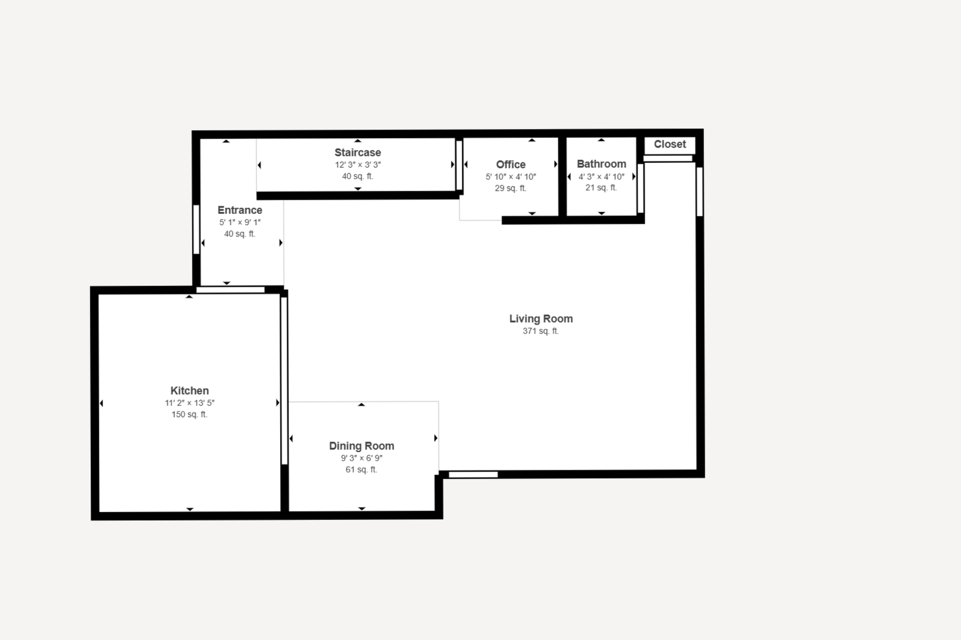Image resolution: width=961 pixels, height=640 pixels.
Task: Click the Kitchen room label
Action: [190, 391]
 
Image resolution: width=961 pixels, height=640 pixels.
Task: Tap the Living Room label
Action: [541, 318]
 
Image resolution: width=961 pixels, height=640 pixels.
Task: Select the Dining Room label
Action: [361, 446]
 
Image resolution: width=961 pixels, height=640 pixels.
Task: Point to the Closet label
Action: [670, 144]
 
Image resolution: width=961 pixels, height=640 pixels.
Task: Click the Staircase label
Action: [358, 152]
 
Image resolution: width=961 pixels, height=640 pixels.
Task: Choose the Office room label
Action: [511, 164]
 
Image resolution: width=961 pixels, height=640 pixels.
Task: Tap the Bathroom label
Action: [601, 164]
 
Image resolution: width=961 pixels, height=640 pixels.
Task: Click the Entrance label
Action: [240, 210]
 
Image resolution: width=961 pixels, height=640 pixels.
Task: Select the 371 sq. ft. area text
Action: [540, 331]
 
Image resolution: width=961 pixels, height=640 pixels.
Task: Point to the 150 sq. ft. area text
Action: [190, 415]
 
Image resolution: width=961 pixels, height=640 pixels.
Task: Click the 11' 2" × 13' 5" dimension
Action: [190, 403]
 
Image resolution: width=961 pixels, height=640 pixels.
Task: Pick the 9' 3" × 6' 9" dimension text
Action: [361, 458]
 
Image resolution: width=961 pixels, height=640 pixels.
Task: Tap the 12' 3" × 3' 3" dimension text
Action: [358, 165]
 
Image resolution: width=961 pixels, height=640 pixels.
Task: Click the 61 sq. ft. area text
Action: [361, 469]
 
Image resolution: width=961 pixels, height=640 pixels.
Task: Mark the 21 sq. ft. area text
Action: [601, 188]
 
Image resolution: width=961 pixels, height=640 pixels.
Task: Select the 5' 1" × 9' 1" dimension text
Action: [240, 222]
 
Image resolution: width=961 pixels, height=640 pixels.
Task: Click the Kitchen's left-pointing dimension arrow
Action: [101, 403]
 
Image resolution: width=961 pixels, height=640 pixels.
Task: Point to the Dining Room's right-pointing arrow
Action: [436, 439]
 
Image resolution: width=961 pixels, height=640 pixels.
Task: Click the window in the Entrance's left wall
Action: [197, 229]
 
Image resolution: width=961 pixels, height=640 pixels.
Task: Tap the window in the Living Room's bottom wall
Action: [473, 474]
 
